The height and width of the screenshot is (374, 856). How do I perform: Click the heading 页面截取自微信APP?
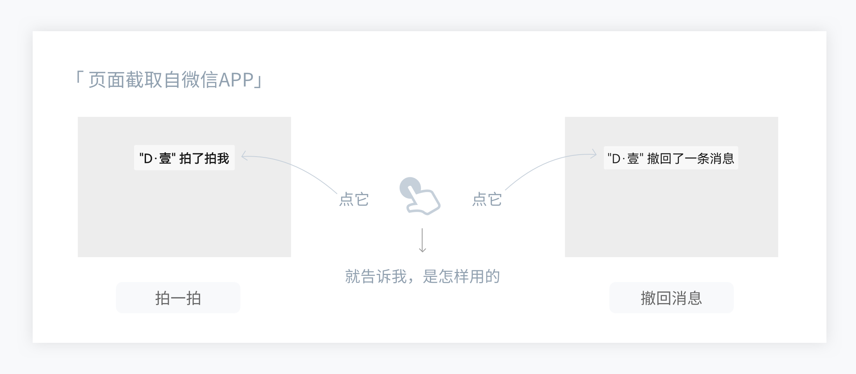[x=169, y=80]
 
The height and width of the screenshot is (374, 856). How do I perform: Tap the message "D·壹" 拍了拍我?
[x=184, y=158]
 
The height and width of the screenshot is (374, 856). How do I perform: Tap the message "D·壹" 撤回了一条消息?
[x=671, y=158]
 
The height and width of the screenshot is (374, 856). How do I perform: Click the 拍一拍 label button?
[x=178, y=298]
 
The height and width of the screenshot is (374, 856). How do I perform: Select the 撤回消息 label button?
[x=671, y=298]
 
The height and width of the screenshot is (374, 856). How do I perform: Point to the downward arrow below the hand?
[x=422, y=240]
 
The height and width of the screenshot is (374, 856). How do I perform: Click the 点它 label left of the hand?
[x=354, y=199]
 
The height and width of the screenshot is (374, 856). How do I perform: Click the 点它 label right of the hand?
[x=487, y=199]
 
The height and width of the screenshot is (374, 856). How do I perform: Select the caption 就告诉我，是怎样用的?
[x=422, y=277]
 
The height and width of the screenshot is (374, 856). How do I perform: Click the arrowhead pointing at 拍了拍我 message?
[x=244, y=156]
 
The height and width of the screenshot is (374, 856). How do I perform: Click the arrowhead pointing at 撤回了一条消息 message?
[x=594, y=154]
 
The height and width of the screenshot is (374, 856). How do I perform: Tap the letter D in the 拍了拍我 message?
[x=148, y=159]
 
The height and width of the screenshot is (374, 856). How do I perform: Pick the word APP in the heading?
[x=236, y=80]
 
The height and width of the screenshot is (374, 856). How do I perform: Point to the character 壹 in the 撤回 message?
[x=633, y=159]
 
